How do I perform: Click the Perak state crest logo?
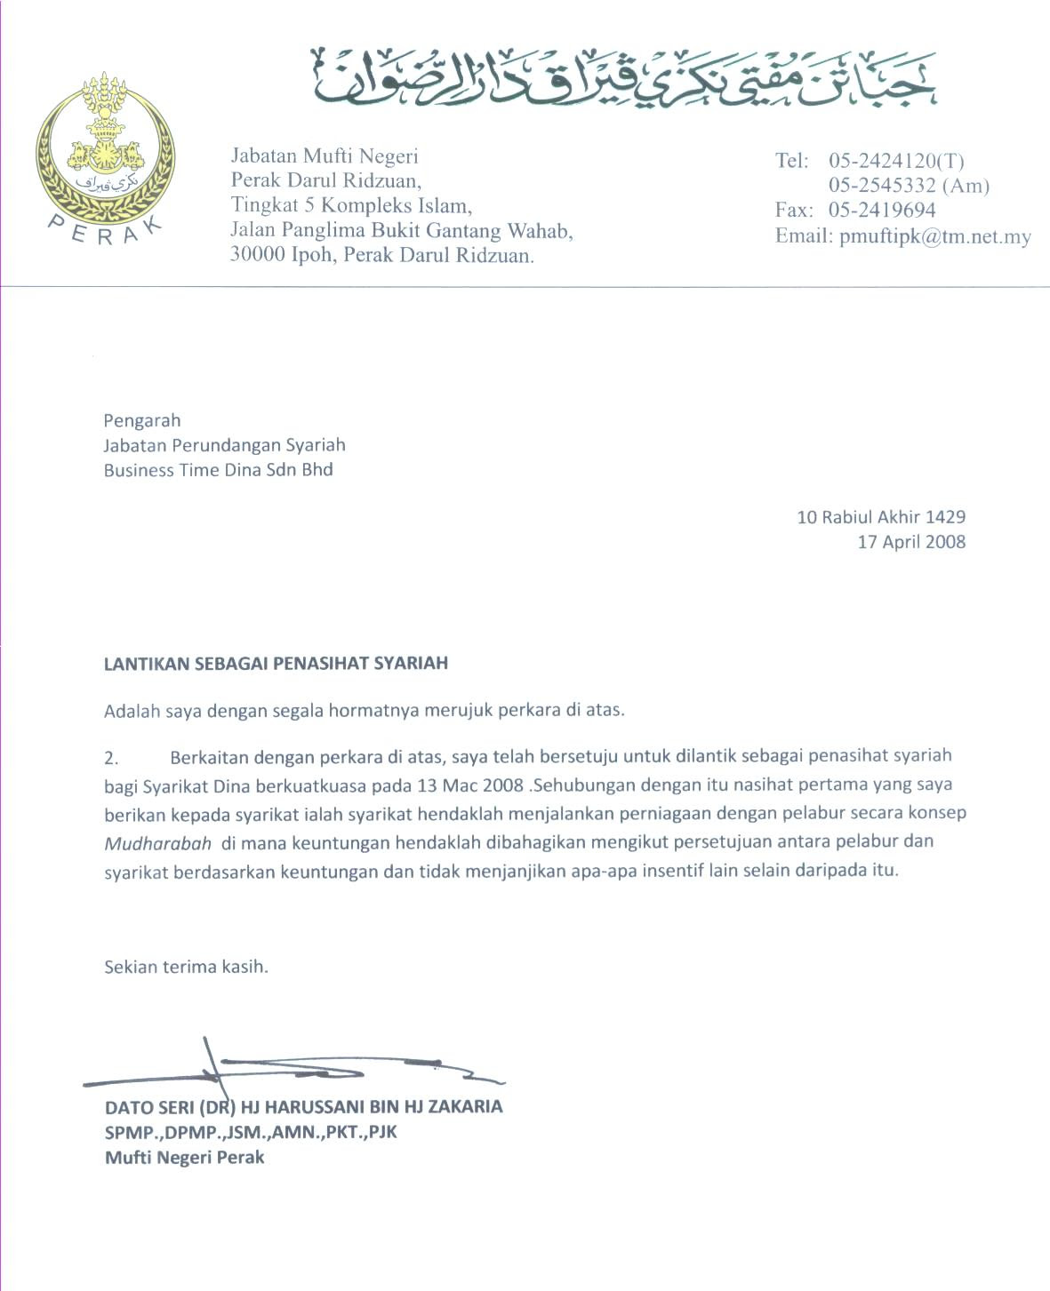click(105, 155)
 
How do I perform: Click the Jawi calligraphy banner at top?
click(622, 78)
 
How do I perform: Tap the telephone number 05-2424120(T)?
click(895, 161)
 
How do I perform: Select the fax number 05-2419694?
click(881, 211)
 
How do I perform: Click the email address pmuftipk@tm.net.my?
click(934, 236)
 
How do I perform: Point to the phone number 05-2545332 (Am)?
click(908, 186)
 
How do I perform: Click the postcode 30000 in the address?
click(257, 255)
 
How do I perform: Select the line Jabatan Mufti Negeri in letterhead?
click(324, 156)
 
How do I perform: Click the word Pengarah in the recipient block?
click(142, 420)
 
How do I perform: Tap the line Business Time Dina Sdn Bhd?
click(218, 470)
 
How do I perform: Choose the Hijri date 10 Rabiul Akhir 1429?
click(880, 517)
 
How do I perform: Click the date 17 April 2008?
click(910, 542)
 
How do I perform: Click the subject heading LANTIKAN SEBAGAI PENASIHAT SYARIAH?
click(276, 663)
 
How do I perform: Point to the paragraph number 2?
click(111, 758)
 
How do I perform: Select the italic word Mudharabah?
click(157, 843)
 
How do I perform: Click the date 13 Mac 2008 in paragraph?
click(469, 785)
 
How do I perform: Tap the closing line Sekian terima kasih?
click(186, 967)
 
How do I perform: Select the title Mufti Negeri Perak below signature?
click(185, 1157)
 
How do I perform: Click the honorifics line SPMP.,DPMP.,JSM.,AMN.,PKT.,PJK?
click(251, 1132)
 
